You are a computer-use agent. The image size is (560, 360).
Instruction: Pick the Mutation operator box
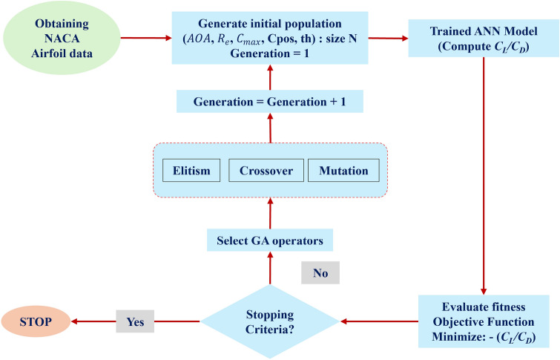343,170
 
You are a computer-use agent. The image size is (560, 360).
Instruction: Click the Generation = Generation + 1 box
270,101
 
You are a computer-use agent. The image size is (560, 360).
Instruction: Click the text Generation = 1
270,53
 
